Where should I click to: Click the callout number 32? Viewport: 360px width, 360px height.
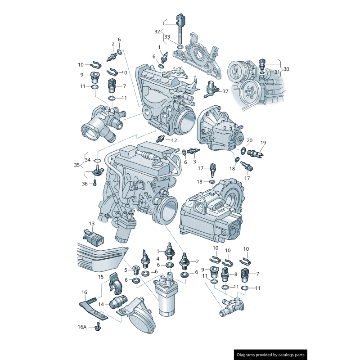tap(157, 31)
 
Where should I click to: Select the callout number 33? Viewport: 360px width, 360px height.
tap(167, 36)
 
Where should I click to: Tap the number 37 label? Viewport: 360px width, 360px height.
tap(225, 91)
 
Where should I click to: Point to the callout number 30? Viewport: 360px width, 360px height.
tap(286, 69)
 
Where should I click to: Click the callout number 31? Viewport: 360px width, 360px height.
tap(277, 72)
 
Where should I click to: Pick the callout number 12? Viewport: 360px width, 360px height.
tap(174, 140)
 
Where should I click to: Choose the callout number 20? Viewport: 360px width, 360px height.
tap(250, 140)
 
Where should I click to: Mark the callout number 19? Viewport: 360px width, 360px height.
tap(263, 143)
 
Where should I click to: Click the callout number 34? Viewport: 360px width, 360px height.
tap(87, 160)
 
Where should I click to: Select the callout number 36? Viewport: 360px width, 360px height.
tap(85, 183)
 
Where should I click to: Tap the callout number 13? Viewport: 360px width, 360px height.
tap(91, 223)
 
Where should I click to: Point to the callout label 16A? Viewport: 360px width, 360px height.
tap(81, 327)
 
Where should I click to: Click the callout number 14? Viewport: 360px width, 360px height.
tap(101, 305)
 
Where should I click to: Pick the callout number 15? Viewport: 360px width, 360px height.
tap(101, 277)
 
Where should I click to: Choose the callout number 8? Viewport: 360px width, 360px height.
tap(235, 274)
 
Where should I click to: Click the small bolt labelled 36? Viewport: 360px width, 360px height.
tap(95, 183)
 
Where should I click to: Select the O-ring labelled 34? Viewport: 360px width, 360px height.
tap(98, 160)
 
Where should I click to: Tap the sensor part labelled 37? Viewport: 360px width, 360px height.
tap(211, 89)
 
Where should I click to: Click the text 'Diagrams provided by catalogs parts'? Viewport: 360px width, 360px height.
tap(270, 355)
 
